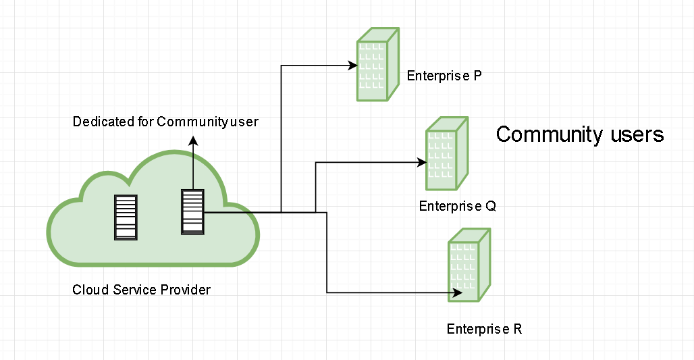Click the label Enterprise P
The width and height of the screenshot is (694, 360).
444,76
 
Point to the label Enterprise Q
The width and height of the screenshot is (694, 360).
457,206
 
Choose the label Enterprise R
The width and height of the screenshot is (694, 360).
484,330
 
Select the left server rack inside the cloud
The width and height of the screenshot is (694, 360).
126,217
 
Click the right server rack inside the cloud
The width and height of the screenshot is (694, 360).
192,212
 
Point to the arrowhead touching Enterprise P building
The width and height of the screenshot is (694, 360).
352,66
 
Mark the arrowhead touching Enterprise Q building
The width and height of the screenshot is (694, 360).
421,162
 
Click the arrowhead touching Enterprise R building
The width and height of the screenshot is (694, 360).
457,293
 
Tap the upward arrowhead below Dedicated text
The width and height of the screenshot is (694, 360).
193,141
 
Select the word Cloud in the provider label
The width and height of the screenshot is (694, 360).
86,290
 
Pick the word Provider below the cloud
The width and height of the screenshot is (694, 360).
186,290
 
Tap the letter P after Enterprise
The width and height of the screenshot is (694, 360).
477,76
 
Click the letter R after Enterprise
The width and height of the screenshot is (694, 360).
518,330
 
